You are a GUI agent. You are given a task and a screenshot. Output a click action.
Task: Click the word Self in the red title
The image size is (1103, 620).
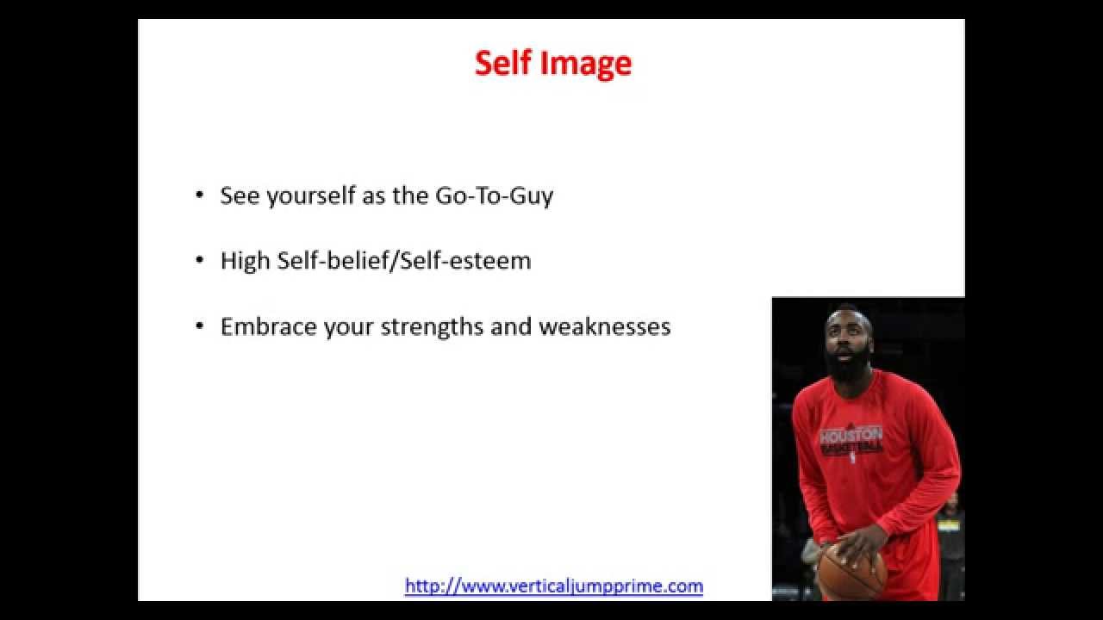[503, 63]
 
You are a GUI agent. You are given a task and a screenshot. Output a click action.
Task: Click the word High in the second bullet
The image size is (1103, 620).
[245, 261]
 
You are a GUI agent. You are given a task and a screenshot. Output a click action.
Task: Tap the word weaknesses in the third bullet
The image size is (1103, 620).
[605, 327]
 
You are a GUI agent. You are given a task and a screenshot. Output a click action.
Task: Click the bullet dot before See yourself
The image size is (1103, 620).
[200, 195]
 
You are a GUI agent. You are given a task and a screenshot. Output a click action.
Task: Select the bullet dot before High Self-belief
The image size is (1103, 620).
[200, 261]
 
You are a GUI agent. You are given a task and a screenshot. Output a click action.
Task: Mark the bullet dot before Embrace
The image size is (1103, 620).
[200, 327]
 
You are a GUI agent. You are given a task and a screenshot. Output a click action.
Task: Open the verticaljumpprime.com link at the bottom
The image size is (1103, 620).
[554, 586]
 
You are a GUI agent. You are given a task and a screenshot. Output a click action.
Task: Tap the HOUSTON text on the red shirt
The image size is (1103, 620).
[851, 434]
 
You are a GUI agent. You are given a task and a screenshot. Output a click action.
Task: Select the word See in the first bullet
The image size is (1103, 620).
[240, 195]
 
